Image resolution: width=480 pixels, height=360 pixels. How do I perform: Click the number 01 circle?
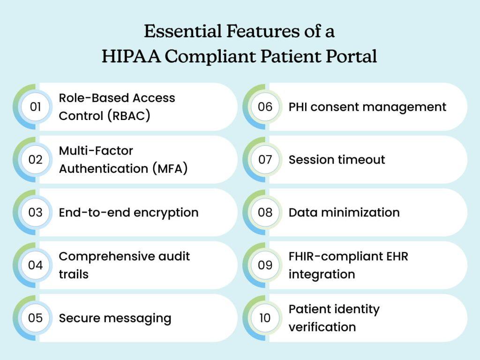tap(36, 107)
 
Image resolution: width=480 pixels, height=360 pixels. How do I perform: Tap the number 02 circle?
tap(36, 160)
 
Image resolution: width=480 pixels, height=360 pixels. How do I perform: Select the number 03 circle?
tap(36, 212)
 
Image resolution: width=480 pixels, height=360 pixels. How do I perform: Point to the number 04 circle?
tap(36, 265)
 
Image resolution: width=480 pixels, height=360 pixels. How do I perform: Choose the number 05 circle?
tap(36, 318)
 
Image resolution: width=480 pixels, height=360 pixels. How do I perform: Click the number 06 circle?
tap(265, 107)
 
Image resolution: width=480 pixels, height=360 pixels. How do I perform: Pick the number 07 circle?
tap(265, 160)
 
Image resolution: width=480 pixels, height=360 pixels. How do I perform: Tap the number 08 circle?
tap(265, 212)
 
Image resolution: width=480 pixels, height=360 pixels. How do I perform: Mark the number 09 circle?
tap(265, 265)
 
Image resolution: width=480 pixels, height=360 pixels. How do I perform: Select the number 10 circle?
tap(265, 318)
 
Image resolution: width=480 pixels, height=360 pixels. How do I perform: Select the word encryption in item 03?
tap(166, 213)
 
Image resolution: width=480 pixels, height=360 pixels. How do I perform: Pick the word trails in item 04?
tap(74, 274)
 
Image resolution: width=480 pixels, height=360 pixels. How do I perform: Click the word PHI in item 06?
tap(298, 107)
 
